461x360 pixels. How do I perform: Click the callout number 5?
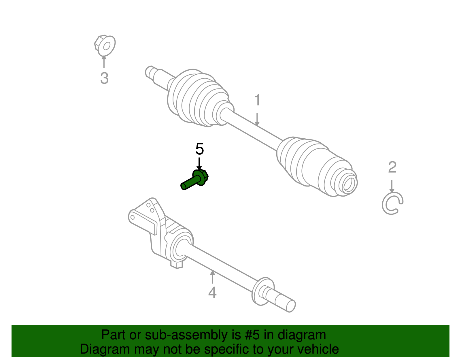(199, 149)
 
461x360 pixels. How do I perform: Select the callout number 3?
(104, 78)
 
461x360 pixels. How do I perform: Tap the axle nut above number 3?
(105, 46)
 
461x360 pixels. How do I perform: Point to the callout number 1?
(257, 100)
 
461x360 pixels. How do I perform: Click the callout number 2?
(392, 167)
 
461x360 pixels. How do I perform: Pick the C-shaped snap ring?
(392, 203)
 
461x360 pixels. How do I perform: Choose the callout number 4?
(212, 293)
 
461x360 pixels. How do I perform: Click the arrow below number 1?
(257, 119)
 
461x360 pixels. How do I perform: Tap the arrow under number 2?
(392, 186)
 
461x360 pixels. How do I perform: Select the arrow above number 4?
(212, 277)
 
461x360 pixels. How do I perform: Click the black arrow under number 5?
(199, 164)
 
